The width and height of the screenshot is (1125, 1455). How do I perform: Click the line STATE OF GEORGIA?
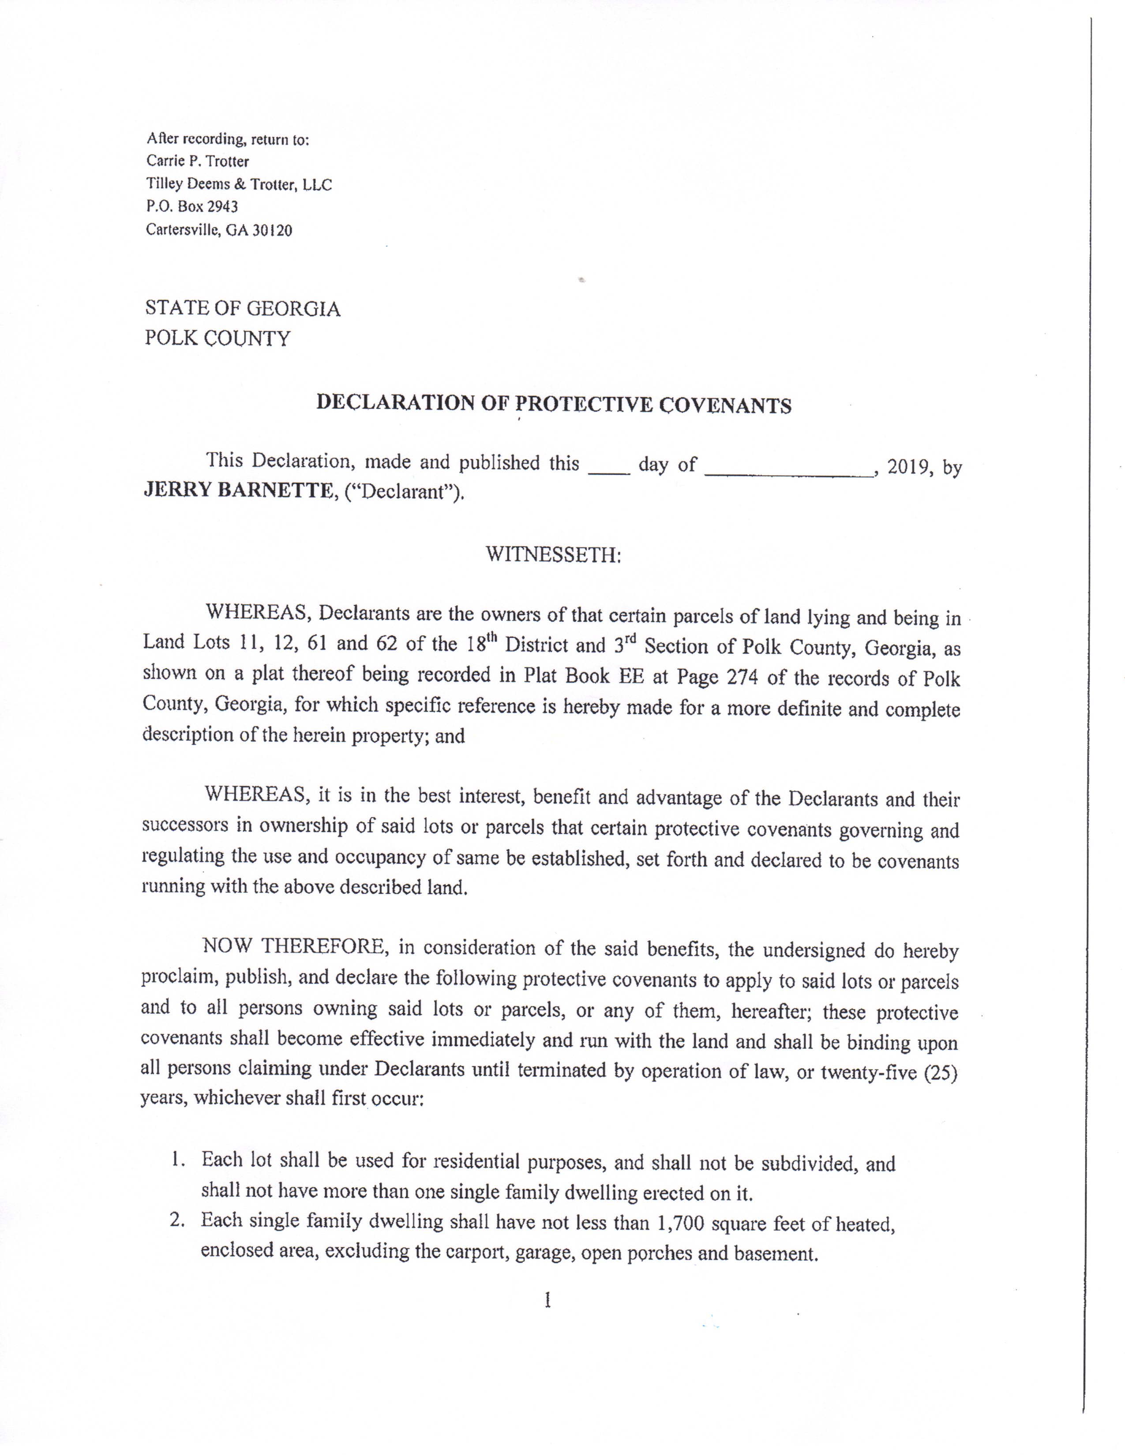[243, 309]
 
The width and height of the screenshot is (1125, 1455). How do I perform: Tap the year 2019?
[909, 467]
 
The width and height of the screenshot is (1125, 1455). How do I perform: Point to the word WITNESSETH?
[552, 554]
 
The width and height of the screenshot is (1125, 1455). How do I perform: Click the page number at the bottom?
[547, 1299]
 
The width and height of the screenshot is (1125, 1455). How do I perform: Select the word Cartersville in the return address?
[183, 231]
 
